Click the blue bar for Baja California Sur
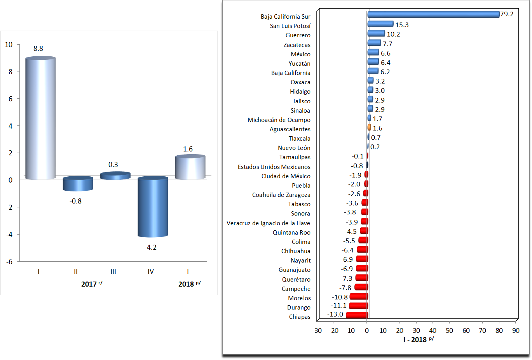[x=433, y=15]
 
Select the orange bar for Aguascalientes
[x=369, y=127]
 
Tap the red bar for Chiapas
[x=357, y=315]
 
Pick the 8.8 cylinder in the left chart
[x=40, y=118]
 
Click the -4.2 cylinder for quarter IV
[x=153, y=207]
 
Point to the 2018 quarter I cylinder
[x=190, y=167]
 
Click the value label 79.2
[x=507, y=14]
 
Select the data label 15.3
[x=402, y=25]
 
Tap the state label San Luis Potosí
[x=290, y=26]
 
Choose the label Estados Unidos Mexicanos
[x=274, y=167]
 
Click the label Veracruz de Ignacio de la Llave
[x=268, y=223]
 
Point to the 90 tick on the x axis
[x=516, y=331]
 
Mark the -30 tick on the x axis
[x=317, y=331]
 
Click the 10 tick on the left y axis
[x=9, y=45]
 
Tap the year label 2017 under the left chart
[x=89, y=284]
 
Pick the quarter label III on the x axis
[x=113, y=271]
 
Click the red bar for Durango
[x=358, y=306]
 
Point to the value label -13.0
[x=335, y=315]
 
